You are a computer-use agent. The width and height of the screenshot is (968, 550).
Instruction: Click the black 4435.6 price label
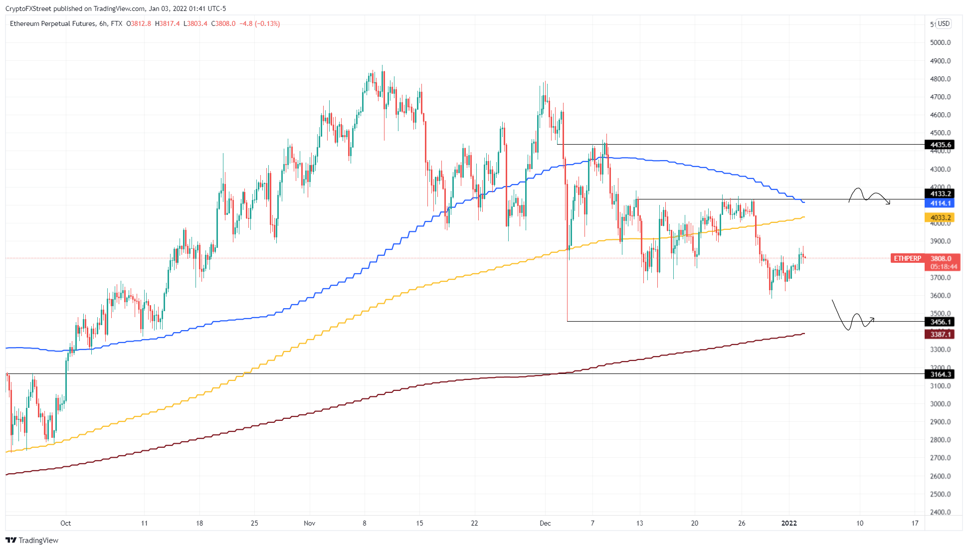click(940, 145)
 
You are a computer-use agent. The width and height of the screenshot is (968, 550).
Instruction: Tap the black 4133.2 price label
click(940, 193)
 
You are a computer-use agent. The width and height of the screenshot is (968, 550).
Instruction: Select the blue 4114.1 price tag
click(940, 203)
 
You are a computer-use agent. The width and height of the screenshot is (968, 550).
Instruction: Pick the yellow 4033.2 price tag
click(940, 217)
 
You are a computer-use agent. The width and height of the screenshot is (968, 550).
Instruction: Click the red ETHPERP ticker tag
click(907, 258)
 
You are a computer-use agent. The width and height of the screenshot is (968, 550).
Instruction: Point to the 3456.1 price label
click(940, 322)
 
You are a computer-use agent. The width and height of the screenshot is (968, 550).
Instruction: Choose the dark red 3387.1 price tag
click(940, 334)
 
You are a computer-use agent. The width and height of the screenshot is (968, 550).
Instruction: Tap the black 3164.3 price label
click(940, 374)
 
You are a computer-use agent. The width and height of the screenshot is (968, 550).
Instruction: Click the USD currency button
click(943, 23)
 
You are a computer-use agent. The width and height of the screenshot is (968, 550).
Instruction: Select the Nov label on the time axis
click(309, 523)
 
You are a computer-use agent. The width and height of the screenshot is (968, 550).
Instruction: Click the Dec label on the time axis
click(545, 523)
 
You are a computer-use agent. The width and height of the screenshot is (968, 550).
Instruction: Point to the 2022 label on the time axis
click(789, 523)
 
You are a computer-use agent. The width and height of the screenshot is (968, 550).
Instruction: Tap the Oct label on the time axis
click(65, 523)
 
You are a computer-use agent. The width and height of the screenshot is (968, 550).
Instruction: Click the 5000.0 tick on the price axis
click(940, 42)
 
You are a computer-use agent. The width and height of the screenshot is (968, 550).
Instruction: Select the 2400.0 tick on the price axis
click(940, 512)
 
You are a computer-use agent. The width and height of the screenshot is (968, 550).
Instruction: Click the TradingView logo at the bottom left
click(32, 540)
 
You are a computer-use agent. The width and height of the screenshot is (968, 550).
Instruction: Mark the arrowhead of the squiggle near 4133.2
click(889, 202)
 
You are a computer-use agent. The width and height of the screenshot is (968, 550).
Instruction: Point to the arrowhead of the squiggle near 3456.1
click(873, 319)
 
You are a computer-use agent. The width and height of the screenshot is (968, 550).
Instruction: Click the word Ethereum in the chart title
click(24, 23)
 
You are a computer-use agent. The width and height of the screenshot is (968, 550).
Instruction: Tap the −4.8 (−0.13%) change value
click(259, 23)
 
